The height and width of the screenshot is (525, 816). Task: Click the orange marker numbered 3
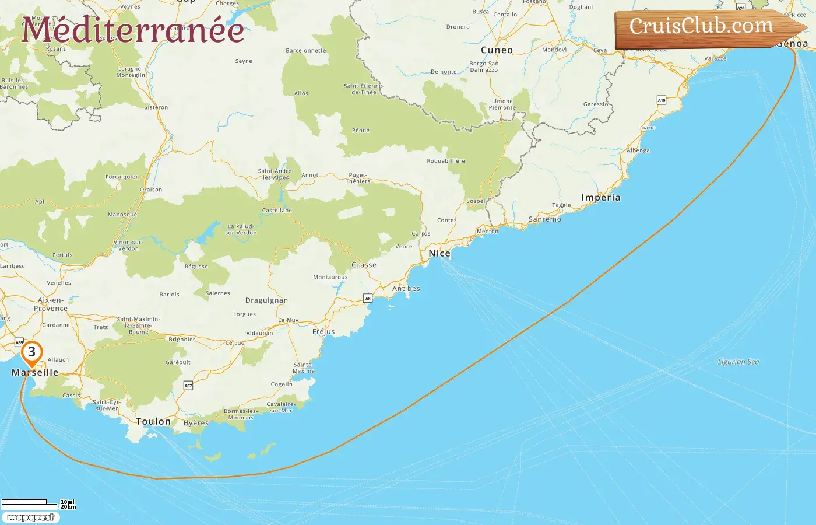(31, 352)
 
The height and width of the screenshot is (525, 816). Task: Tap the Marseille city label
(35, 372)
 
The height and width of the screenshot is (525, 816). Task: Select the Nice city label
(439, 253)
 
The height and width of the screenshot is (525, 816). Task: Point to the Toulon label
(153, 421)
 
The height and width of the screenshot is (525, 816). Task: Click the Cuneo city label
(497, 50)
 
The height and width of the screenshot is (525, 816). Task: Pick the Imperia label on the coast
(600, 198)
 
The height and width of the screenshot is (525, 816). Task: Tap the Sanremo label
(544, 219)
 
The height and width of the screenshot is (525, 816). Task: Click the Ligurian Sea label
(738, 362)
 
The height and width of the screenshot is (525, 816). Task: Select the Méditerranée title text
(132, 30)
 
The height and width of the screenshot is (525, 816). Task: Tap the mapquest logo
(30, 517)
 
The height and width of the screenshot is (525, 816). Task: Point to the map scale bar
(35, 503)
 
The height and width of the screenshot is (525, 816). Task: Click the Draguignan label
(266, 301)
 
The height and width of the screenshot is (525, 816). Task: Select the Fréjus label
(323, 332)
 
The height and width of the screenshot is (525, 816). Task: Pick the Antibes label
(406, 289)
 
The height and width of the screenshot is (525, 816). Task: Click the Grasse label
(364, 265)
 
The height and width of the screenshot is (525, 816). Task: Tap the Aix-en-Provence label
(51, 304)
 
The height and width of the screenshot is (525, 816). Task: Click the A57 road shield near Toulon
(188, 386)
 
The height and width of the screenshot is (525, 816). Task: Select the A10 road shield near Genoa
(662, 100)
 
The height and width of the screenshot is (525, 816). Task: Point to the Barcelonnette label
(306, 51)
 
